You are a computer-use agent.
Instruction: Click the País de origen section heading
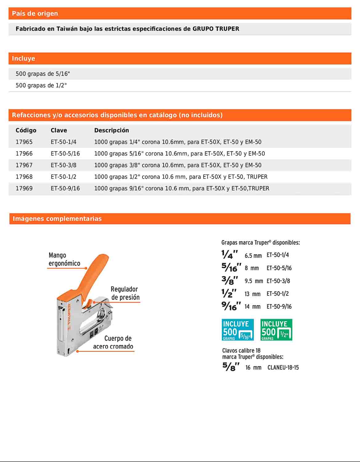click(x=35, y=14)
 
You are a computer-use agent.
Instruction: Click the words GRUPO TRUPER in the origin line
click(x=216, y=29)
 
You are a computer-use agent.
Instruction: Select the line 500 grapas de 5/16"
click(x=43, y=74)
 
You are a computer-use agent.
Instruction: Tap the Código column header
click(x=26, y=130)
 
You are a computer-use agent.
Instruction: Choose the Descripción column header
click(x=111, y=130)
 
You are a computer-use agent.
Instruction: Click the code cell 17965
click(x=24, y=142)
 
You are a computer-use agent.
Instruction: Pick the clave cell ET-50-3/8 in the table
click(x=63, y=165)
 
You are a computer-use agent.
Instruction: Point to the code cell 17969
click(x=24, y=188)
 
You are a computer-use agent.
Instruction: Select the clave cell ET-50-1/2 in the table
click(x=63, y=177)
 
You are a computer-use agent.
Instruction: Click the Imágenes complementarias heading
click(x=57, y=219)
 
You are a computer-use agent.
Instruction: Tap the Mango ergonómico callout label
click(x=64, y=259)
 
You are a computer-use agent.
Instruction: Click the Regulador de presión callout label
click(x=125, y=293)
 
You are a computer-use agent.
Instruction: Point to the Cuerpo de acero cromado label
click(x=113, y=342)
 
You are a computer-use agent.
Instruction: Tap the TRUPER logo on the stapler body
click(x=69, y=314)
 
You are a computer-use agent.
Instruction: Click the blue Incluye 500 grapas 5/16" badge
click(x=238, y=330)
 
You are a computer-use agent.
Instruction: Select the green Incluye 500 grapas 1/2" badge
click(x=276, y=330)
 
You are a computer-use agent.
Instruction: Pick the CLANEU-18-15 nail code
click(x=283, y=367)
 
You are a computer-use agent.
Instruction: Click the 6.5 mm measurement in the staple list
click(x=253, y=256)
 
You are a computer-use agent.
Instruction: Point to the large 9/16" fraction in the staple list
click(x=231, y=306)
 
